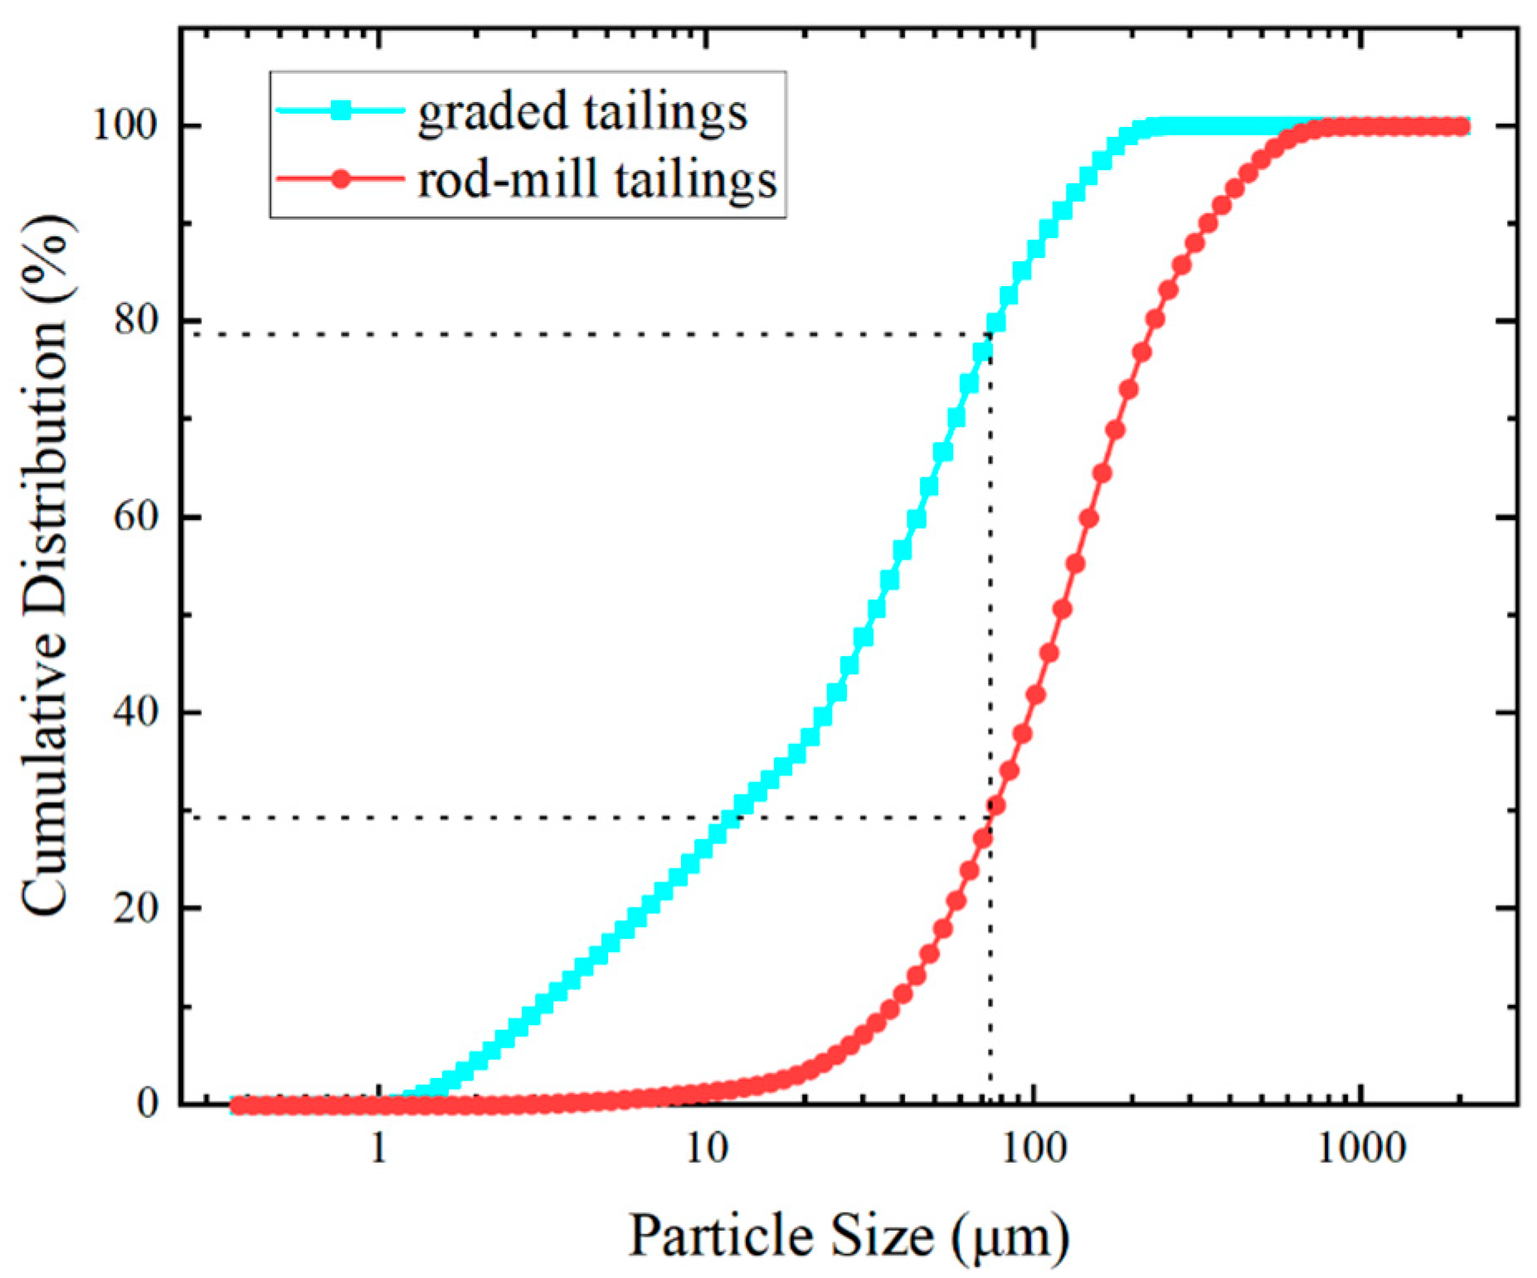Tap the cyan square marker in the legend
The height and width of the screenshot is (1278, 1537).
[x=341, y=110]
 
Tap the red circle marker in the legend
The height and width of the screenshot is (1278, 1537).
[x=341, y=178]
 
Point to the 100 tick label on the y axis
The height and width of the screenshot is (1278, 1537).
[x=125, y=126]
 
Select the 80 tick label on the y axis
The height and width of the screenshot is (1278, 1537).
[x=135, y=320]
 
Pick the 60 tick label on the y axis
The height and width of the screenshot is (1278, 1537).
[x=135, y=517]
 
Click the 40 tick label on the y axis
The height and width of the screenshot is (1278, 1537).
[x=135, y=712]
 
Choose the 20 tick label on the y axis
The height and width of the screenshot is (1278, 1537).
[x=135, y=908]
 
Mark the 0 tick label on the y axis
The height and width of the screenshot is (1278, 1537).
[x=148, y=1104]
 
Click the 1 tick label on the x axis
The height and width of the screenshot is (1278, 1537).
[x=379, y=1149]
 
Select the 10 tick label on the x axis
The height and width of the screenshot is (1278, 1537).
[x=706, y=1149]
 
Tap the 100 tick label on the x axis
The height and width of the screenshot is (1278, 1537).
[x=1034, y=1149]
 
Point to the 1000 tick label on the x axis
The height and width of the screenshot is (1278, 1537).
[x=1361, y=1149]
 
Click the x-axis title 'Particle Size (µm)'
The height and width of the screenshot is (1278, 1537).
[x=849, y=1237]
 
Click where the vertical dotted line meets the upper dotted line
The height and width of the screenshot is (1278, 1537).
[x=989, y=334]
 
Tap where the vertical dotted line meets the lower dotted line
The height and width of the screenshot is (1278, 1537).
[x=989, y=818]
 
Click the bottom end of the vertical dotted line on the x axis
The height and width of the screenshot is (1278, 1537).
[x=989, y=1102]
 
